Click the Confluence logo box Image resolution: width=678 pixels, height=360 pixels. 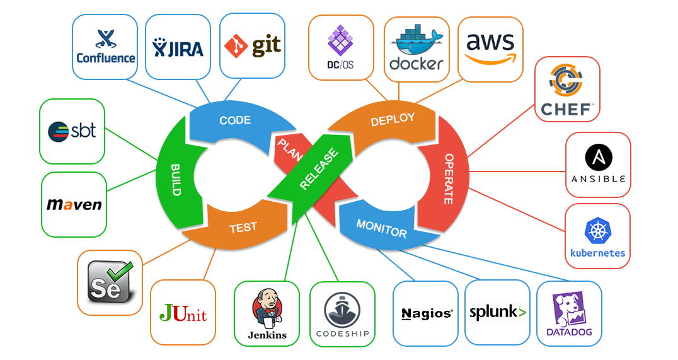[105, 47]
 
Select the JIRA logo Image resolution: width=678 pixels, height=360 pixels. [178, 47]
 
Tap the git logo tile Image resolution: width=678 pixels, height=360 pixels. [252, 46]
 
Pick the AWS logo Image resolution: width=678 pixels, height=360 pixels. [490, 48]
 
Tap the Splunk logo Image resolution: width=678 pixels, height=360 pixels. [497, 312]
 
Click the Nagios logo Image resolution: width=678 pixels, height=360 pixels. [426, 313]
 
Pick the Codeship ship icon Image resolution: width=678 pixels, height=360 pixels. [342, 308]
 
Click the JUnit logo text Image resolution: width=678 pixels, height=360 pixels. [183, 313]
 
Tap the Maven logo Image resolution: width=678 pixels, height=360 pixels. [74, 205]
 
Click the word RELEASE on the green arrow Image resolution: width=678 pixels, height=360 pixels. [319, 170]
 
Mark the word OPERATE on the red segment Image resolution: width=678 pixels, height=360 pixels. [449, 179]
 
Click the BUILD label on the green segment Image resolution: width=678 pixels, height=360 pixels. [176, 179]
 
